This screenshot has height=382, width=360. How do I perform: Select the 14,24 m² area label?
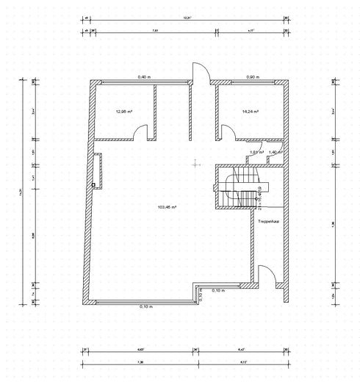coord(251,112)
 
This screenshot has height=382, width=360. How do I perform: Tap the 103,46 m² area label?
coord(167,208)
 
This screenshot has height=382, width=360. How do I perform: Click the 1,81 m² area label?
coord(256,152)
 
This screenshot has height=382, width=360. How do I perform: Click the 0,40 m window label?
coord(144,77)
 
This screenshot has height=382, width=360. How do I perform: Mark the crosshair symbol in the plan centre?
coord(194,164)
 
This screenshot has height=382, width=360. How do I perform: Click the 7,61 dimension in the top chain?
coord(155,32)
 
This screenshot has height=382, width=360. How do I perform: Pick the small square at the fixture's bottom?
coord(93,186)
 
